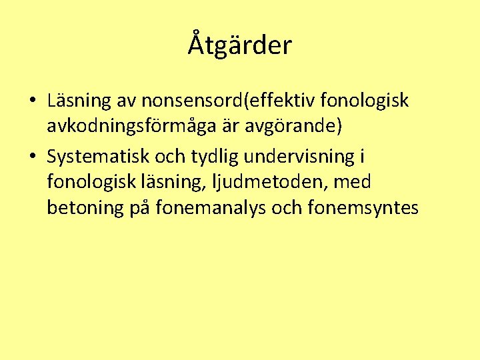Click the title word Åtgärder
click(240, 45)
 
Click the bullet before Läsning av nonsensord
click(33, 101)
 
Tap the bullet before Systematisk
click(33, 157)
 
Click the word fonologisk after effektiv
click(364, 101)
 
